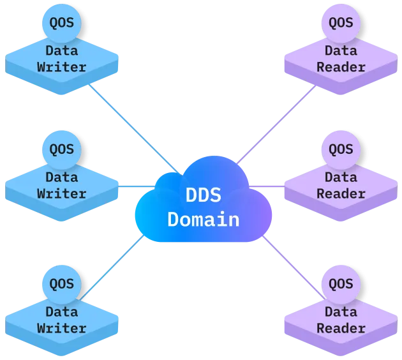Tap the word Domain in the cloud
(203, 220)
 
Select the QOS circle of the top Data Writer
(62, 23)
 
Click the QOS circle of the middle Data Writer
(62, 150)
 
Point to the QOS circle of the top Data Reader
(341, 23)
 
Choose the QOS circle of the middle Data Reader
(341, 150)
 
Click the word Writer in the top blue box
(62, 66)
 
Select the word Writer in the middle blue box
(62, 193)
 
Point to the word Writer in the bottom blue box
(62, 329)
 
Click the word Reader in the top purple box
(341, 66)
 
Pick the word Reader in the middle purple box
(341, 193)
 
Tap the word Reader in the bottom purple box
(341, 329)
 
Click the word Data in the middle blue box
(62, 177)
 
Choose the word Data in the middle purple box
(341, 177)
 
